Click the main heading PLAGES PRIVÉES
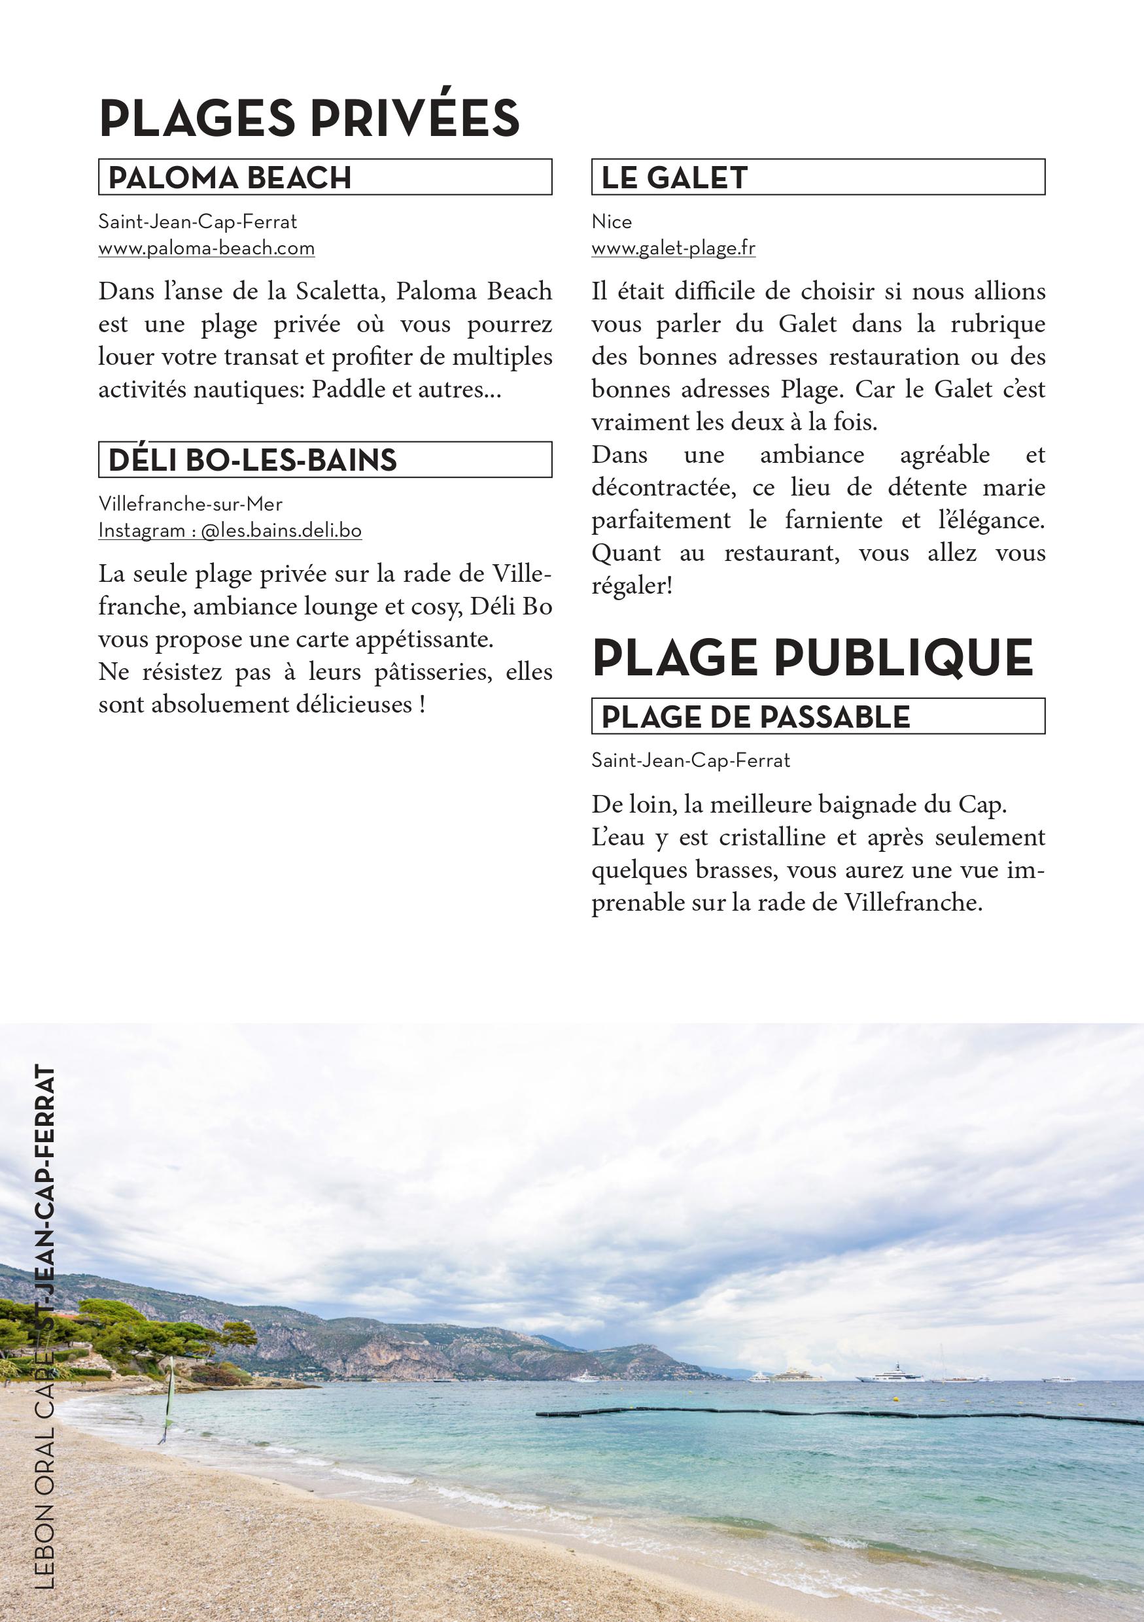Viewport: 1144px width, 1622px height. pos(309,119)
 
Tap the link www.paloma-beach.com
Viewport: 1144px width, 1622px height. pos(206,248)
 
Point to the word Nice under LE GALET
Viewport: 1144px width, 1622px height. pos(611,222)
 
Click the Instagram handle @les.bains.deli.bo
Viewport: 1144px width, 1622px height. pos(281,532)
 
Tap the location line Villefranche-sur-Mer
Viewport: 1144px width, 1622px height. pos(190,505)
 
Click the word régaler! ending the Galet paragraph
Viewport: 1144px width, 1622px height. pos(632,586)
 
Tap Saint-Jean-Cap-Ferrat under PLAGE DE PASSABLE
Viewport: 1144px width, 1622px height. pos(690,761)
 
